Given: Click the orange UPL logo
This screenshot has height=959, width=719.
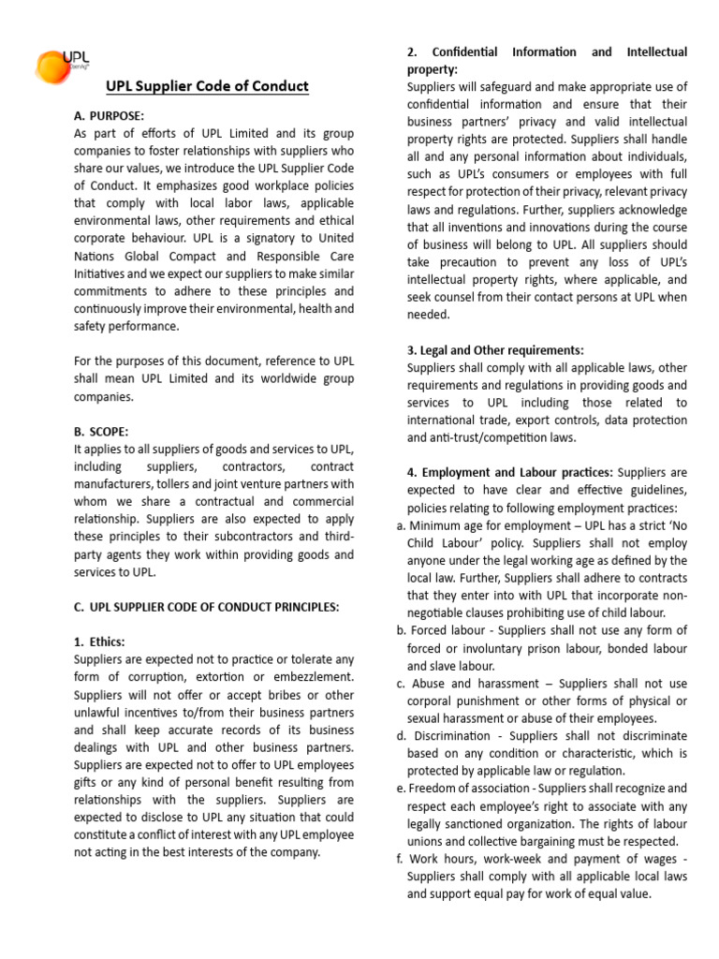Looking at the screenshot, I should [59, 66].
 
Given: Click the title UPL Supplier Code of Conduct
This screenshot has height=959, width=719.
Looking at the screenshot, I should [206, 86].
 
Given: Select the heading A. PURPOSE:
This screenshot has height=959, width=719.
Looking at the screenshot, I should [109, 115].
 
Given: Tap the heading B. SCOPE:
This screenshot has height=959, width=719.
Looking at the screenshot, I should [101, 431].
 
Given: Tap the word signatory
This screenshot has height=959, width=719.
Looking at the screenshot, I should [259, 238].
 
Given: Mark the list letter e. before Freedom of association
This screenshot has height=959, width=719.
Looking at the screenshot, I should [401, 789].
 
